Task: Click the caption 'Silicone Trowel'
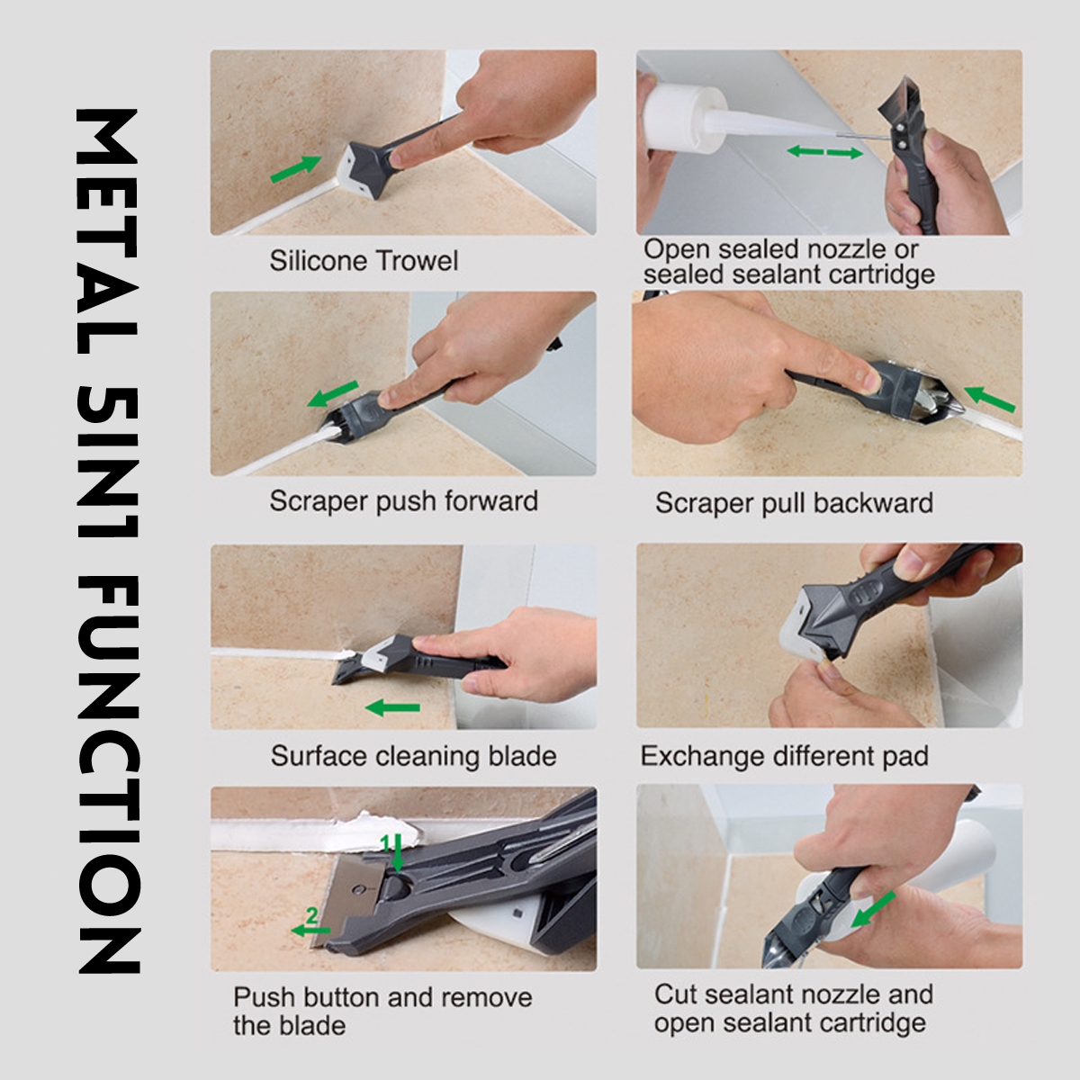pos(364,261)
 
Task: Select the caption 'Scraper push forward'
pos(403,501)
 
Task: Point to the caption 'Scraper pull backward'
pos(794,503)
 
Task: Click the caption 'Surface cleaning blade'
pos(414,756)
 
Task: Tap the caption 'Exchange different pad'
pos(784,756)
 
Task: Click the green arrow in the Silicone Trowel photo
pos(296,169)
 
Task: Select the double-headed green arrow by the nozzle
pos(825,152)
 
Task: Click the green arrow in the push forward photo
pos(333,394)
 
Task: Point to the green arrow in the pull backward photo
pos(989,399)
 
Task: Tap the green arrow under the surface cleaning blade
pos(392,708)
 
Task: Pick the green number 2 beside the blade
pos(312,917)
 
